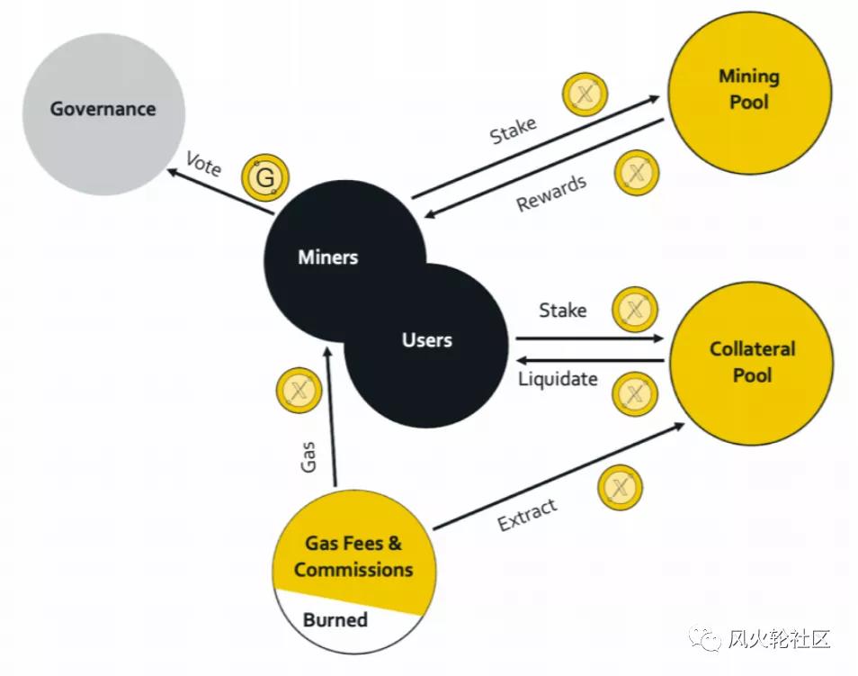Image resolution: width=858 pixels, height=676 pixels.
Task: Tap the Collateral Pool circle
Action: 752,361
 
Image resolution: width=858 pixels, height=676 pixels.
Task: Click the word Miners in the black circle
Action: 327,257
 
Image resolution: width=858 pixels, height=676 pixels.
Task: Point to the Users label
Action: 427,340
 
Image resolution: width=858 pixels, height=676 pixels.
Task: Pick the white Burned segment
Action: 335,620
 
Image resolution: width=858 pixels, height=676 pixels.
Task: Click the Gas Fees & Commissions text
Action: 353,556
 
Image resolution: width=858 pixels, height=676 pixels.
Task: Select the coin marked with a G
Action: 265,178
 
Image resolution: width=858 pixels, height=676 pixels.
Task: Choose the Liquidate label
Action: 558,379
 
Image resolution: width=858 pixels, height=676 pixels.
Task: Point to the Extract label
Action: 527,514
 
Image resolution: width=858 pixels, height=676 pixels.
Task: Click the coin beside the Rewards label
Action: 637,173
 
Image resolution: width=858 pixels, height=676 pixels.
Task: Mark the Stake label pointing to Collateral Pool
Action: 563,311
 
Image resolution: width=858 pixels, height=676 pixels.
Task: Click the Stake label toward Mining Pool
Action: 513,131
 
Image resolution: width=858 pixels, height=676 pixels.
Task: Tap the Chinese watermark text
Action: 779,639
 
